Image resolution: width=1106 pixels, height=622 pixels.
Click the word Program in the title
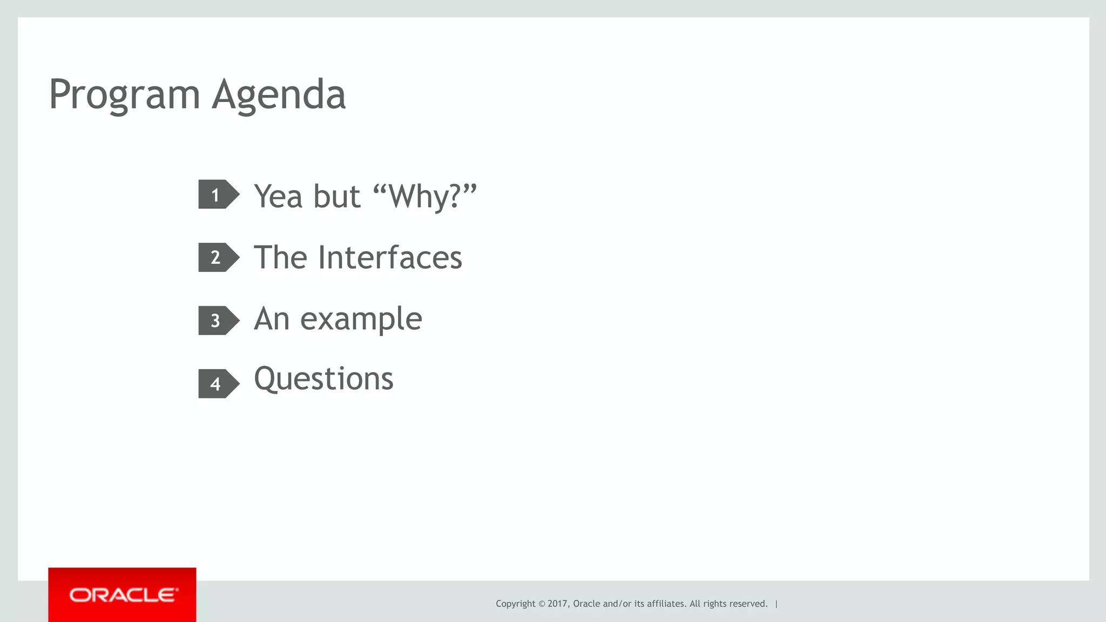pyautogui.click(x=124, y=95)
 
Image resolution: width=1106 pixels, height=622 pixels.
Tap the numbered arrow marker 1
pyautogui.click(x=218, y=195)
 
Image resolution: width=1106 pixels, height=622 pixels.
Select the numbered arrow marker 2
pyautogui.click(x=218, y=257)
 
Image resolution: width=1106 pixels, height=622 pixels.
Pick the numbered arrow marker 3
pyautogui.click(x=218, y=320)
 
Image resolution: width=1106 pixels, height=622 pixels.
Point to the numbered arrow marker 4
pyautogui.click(x=218, y=384)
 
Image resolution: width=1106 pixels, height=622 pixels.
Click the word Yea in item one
pyautogui.click(x=278, y=196)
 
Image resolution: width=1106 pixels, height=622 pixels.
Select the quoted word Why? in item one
pyautogui.click(x=424, y=196)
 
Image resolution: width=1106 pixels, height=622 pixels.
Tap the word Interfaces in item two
pyautogui.click(x=390, y=257)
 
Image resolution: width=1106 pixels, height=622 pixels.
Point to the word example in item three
pyautogui.click(x=361, y=319)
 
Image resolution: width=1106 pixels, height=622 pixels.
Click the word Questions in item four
pyautogui.click(x=323, y=379)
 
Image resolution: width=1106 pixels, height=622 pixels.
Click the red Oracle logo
pyautogui.click(x=122, y=595)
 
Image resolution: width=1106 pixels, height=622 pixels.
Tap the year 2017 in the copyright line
pyautogui.click(x=557, y=604)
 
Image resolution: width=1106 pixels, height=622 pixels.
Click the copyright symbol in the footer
pyautogui.click(x=542, y=604)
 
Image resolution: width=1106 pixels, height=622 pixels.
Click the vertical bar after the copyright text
pyautogui.click(x=777, y=604)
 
